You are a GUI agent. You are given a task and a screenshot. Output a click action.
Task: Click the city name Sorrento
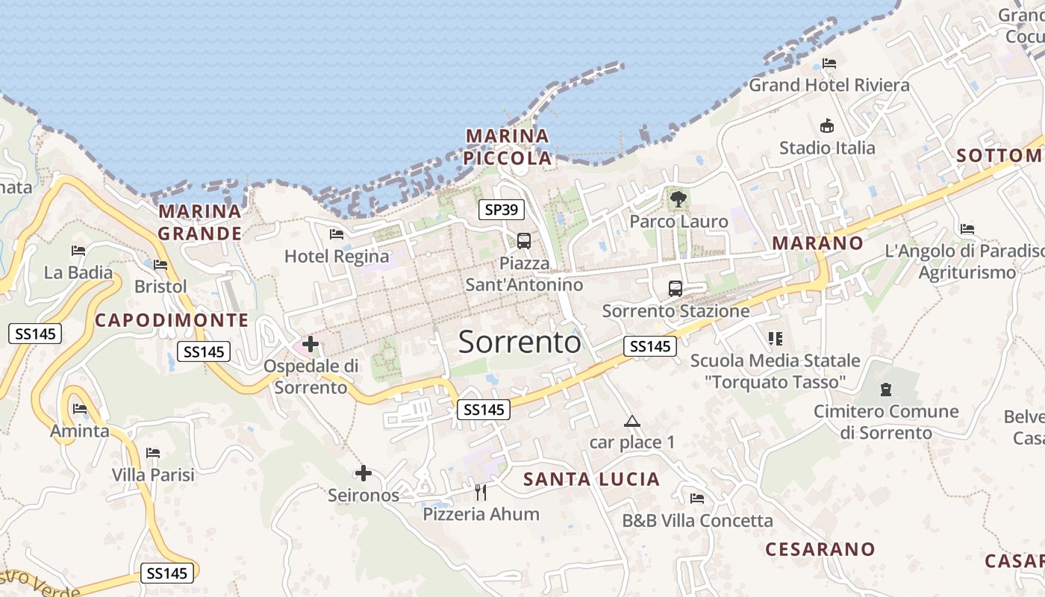pyautogui.click(x=520, y=342)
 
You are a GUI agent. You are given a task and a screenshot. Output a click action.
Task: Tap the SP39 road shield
pyautogui.click(x=501, y=210)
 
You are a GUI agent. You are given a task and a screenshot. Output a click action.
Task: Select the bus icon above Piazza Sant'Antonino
pyautogui.click(x=524, y=240)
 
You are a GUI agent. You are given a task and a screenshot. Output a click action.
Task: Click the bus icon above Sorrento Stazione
pyautogui.click(x=676, y=288)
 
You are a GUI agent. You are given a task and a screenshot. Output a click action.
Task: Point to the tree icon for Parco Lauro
pyautogui.click(x=679, y=199)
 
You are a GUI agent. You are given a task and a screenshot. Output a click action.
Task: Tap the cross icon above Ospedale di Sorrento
pyautogui.click(x=311, y=344)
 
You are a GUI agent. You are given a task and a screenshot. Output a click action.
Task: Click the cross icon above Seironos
pyautogui.click(x=364, y=473)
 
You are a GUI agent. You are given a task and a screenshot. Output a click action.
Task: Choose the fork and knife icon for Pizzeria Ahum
pyautogui.click(x=481, y=492)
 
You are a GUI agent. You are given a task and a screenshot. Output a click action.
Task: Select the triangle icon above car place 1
pyautogui.click(x=632, y=421)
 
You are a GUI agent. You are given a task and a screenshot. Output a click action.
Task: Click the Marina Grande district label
pyautogui.click(x=200, y=222)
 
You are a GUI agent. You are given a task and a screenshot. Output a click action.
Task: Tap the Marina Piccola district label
pyautogui.click(x=508, y=147)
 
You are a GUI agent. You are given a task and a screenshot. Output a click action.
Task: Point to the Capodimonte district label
pyautogui.click(x=172, y=320)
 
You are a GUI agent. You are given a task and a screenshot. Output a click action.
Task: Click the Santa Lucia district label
pyautogui.click(x=592, y=479)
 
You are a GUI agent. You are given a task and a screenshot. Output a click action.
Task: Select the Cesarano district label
pyautogui.click(x=820, y=549)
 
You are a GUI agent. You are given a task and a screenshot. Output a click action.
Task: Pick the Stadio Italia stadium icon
pyautogui.click(x=827, y=126)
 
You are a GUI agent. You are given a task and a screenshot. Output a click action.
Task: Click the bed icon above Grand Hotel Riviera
pyautogui.click(x=829, y=63)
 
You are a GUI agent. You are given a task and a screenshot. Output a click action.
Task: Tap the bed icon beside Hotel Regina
pyautogui.click(x=337, y=234)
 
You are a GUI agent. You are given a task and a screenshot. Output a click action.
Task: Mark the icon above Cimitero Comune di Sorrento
pyautogui.click(x=886, y=389)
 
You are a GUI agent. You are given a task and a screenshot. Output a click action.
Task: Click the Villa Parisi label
pyautogui.click(x=153, y=475)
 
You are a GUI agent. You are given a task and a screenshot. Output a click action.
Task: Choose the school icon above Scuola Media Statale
pyautogui.click(x=776, y=339)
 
